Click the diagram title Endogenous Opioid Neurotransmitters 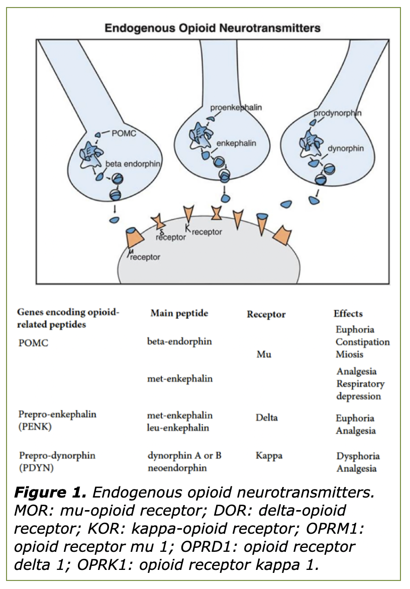click(212, 27)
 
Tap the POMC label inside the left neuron click(126, 133)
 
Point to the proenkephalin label click(236, 107)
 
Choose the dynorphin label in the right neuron click(345, 149)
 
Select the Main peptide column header click(179, 314)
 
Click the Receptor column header click(266, 315)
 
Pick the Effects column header click(348, 314)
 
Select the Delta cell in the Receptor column click(266, 418)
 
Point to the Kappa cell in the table click(268, 456)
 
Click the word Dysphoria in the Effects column click(358, 456)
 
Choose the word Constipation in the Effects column click(362, 342)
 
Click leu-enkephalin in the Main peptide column click(178, 428)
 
